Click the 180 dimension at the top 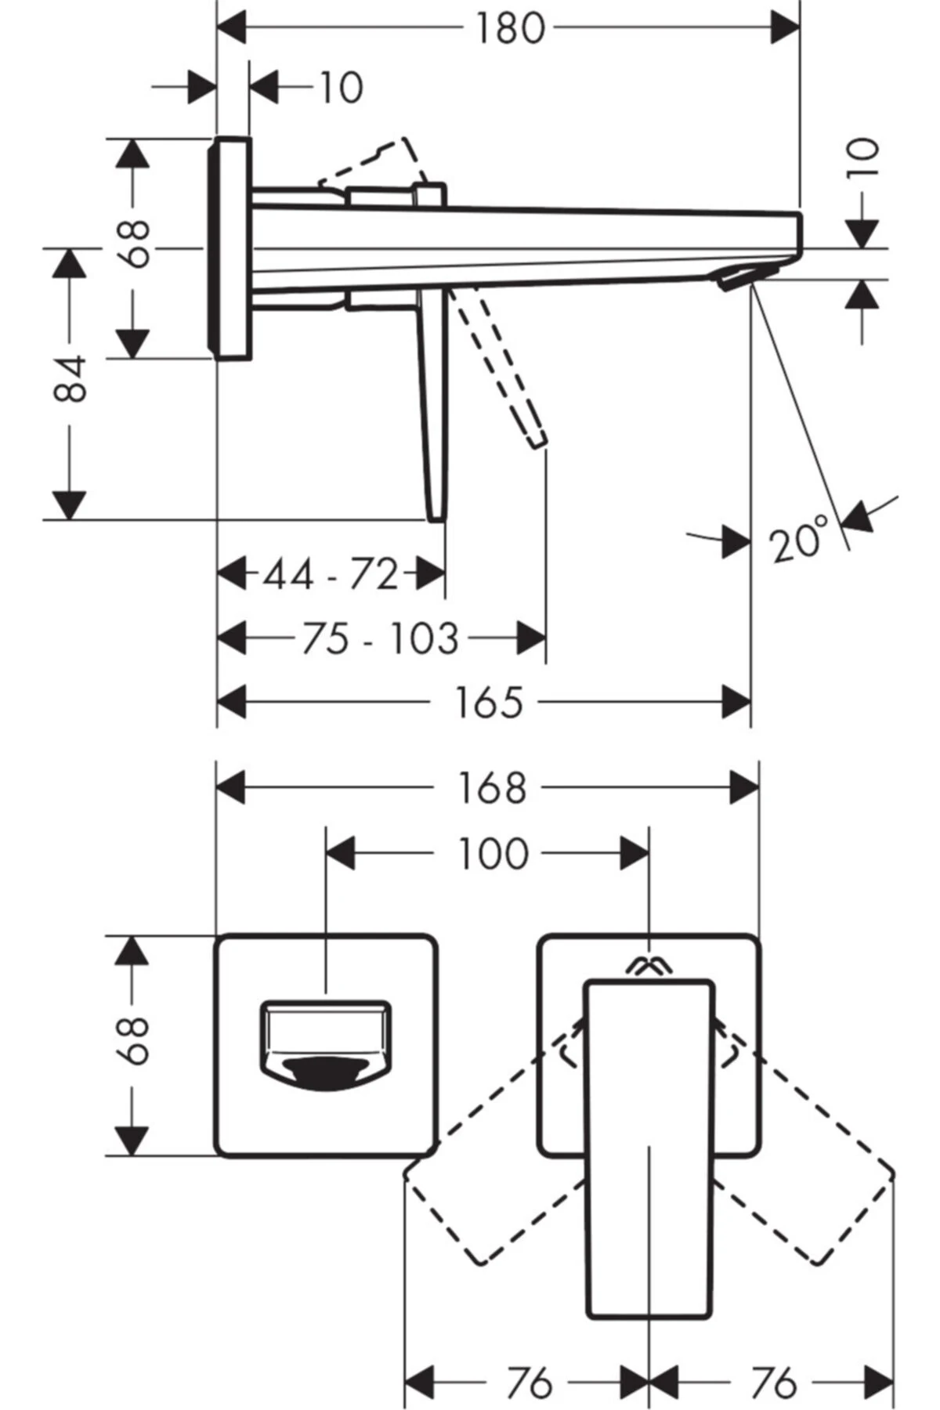pos(509,30)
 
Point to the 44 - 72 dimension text pos(331,574)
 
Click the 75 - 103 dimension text pos(380,638)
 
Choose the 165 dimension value pos(488,702)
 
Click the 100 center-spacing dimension pos(493,853)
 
